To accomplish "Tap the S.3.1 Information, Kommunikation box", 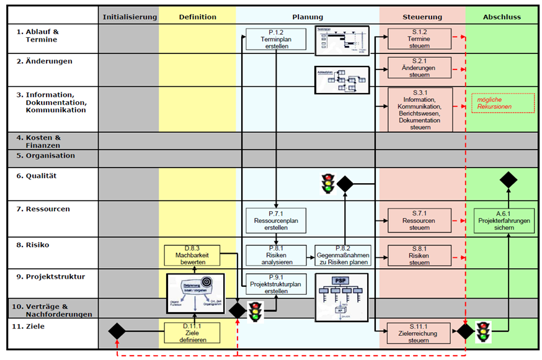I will coord(420,109).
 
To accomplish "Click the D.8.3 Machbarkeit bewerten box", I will coord(192,255).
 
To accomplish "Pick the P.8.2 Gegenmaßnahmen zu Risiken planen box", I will coord(343,255).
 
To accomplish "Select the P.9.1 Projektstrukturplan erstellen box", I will coord(277,284).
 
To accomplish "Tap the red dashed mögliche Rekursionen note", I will coord(502,103).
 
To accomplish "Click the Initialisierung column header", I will coord(130,17).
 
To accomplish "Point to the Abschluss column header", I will coord(502,17).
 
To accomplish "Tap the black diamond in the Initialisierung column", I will coord(117,331).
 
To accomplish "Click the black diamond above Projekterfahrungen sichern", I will coord(509,181).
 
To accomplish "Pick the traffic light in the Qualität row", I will coord(327,184).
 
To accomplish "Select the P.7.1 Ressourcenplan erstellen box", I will coord(277,220).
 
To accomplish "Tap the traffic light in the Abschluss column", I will coord(484,331).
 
